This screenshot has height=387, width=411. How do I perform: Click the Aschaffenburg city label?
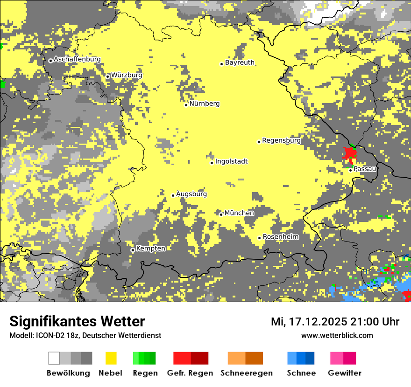click(77, 59)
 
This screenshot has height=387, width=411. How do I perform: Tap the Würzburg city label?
click(127, 75)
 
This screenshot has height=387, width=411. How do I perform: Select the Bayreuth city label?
click(240, 62)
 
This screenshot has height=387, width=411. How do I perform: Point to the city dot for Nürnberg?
click(186, 105)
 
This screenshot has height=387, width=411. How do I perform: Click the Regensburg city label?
click(281, 140)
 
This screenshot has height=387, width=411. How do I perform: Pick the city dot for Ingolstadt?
click(212, 163)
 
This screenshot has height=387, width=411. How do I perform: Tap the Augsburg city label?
click(191, 194)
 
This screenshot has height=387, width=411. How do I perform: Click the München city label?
click(239, 213)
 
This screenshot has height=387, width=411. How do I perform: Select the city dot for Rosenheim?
click(260, 238)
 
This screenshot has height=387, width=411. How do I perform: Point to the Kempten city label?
click(151, 249)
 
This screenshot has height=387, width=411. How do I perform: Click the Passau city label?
click(365, 169)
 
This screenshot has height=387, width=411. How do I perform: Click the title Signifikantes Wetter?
click(77, 321)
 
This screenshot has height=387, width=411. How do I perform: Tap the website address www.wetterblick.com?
click(337, 335)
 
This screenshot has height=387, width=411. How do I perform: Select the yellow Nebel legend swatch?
click(111, 358)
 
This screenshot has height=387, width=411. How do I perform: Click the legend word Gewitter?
click(345, 373)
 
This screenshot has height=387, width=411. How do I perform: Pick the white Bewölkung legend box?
click(54, 358)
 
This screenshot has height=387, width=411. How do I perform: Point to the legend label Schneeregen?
click(247, 373)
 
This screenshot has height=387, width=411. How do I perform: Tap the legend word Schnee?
click(301, 373)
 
